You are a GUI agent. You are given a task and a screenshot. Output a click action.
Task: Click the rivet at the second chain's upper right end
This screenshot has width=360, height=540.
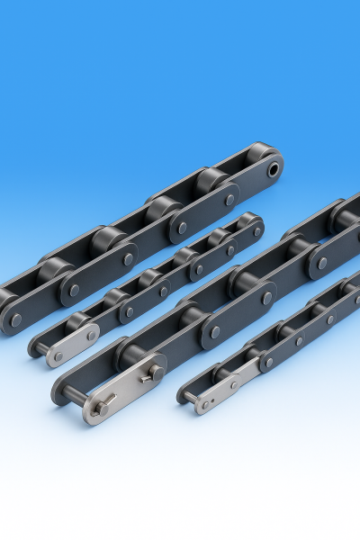(257, 230)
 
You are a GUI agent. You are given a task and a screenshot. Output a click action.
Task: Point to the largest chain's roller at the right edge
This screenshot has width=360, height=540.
(346, 216)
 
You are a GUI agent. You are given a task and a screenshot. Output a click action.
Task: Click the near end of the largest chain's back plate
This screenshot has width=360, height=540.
(66, 387)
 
